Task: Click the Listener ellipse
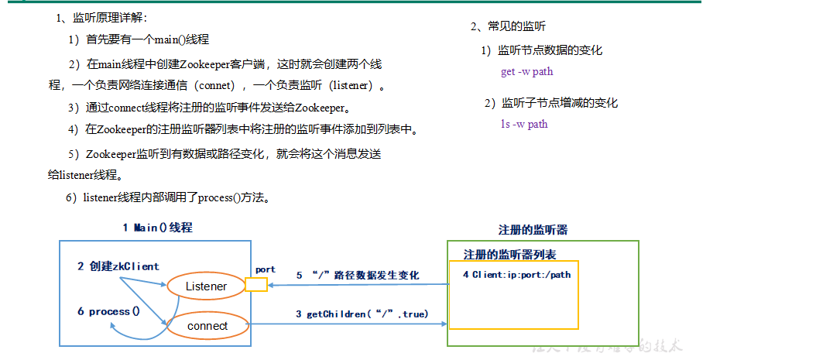[x=206, y=286]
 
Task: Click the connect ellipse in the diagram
[x=207, y=326]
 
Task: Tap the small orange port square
[x=255, y=285]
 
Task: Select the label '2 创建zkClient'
[x=118, y=266]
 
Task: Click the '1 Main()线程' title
[x=157, y=228]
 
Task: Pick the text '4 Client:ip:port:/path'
[x=516, y=275]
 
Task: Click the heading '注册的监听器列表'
[x=509, y=255]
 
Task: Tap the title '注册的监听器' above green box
[x=533, y=230]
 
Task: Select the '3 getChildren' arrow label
[x=362, y=314]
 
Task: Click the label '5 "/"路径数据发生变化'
[x=358, y=275]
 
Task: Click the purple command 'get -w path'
[x=526, y=72]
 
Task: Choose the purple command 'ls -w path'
[x=524, y=124]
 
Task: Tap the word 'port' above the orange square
[x=266, y=269]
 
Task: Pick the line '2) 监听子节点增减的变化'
[x=551, y=103]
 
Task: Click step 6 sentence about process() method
[x=168, y=197]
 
